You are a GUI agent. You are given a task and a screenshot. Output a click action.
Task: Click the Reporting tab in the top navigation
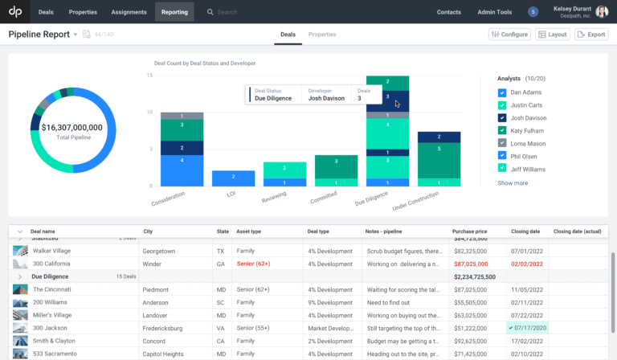pyautogui.click(x=174, y=12)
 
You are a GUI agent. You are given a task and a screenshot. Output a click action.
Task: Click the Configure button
pyautogui.click(x=509, y=35)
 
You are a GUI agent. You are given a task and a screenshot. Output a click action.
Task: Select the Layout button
pyautogui.click(x=553, y=35)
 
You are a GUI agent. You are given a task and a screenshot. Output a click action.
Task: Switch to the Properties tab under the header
pyautogui.click(x=322, y=35)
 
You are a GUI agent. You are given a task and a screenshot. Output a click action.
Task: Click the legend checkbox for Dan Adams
pyautogui.click(x=502, y=92)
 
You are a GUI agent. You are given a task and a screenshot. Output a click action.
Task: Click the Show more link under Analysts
pyautogui.click(x=513, y=183)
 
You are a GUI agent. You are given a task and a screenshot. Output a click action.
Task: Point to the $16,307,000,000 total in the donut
pyautogui.click(x=72, y=127)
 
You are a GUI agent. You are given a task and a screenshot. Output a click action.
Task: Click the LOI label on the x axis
pyautogui.click(x=230, y=194)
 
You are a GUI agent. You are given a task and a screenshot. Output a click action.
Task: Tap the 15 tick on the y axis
pyautogui.click(x=149, y=75)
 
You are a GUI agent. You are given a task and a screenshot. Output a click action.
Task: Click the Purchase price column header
pyautogui.click(x=470, y=231)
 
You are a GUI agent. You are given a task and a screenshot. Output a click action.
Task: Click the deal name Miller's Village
pyautogui.click(x=53, y=315)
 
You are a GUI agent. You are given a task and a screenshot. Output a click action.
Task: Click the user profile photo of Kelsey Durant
pyautogui.click(x=602, y=12)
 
